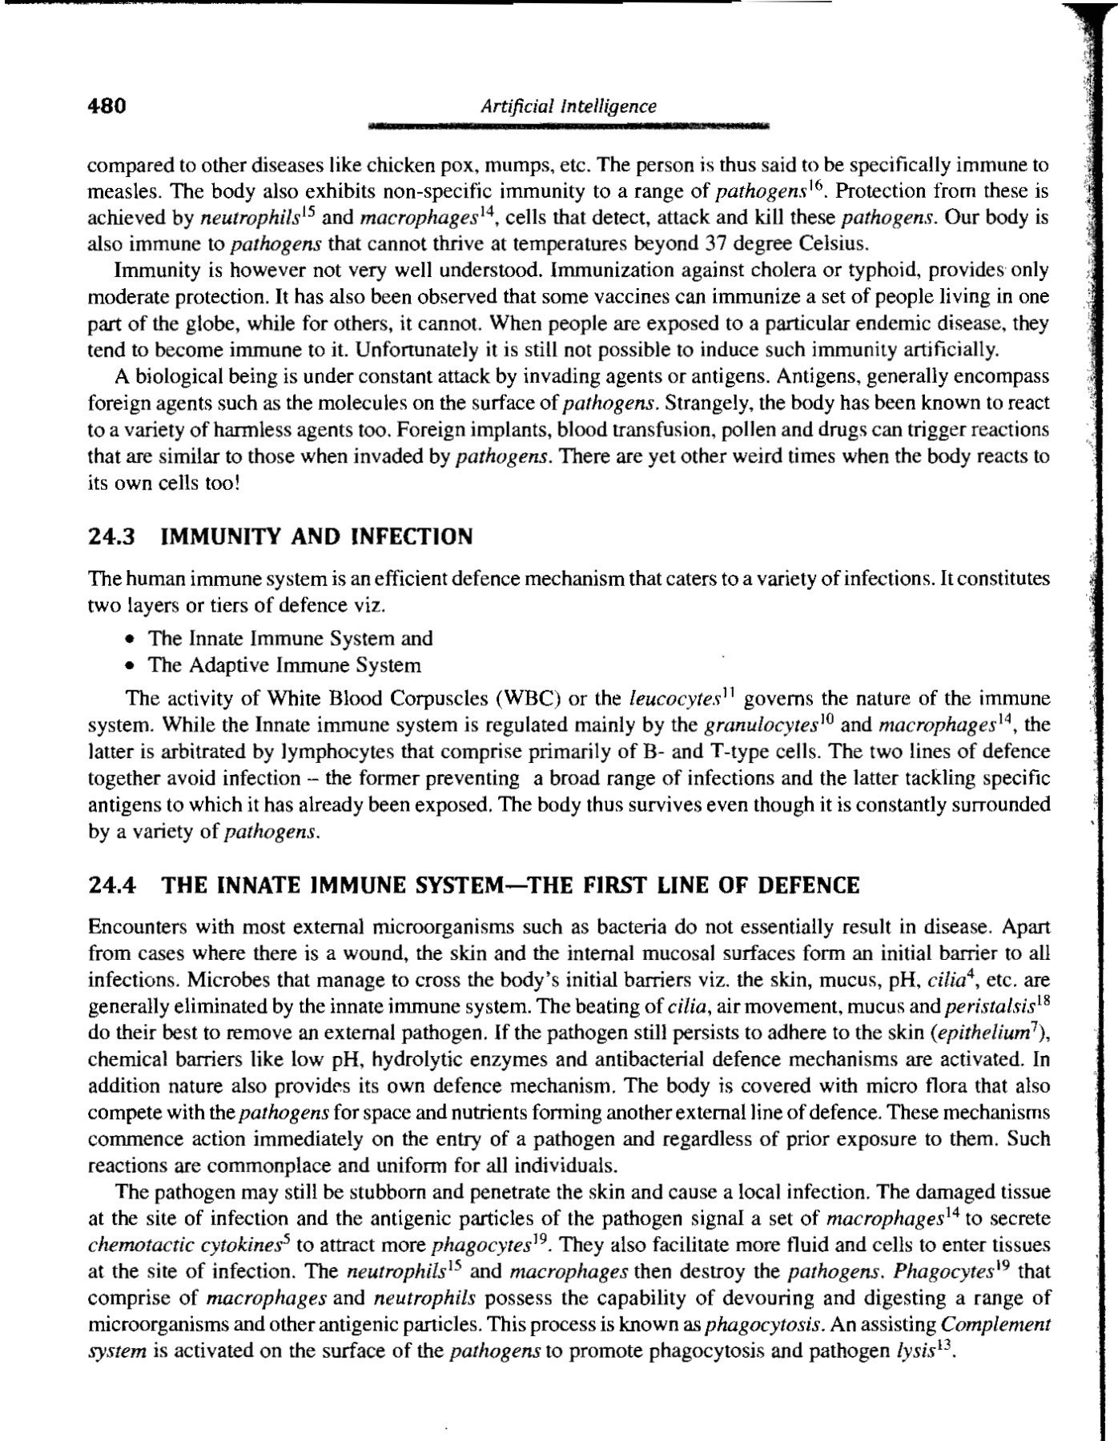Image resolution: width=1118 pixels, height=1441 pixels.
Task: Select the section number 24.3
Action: pyautogui.click(x=111, y=536)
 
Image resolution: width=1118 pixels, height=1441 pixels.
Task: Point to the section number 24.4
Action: pyautogui.click(x=111, y=885)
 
